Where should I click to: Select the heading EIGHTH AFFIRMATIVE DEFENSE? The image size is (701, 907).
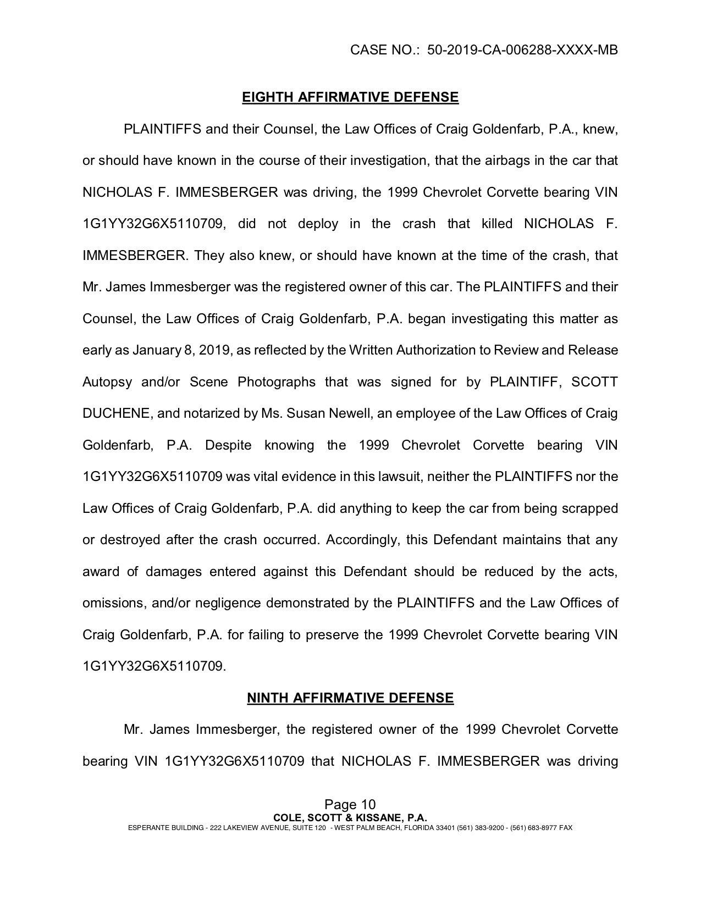click(x=350, y=97)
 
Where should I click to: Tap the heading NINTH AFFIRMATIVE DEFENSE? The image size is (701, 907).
click(x=350, y=698)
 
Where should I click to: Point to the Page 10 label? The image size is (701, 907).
click(x=350, y=805)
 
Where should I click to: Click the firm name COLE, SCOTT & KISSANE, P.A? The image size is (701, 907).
click(x=350, y=817)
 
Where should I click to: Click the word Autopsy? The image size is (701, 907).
click(x=107, y=381)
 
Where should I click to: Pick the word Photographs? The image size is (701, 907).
click(x=277, y=381)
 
